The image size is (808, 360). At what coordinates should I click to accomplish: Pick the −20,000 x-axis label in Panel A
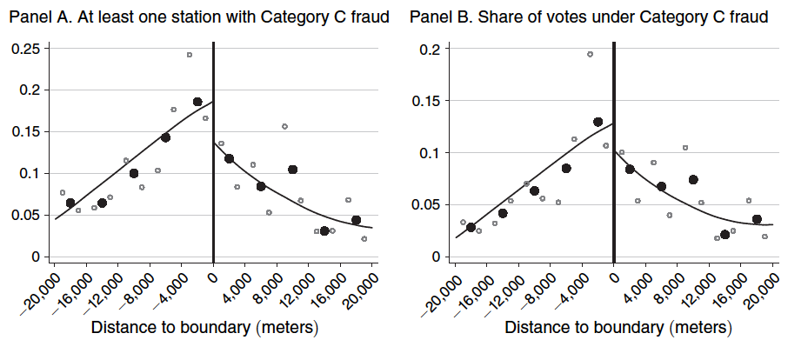point(39,290)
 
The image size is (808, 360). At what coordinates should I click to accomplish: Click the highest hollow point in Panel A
point(189,55)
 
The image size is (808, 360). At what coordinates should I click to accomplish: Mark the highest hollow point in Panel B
point(590,54)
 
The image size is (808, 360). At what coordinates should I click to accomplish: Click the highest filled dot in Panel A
point(197,102)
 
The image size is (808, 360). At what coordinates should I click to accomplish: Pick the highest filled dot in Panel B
point(598,122)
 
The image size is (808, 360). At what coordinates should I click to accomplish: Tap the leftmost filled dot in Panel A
point(70,203)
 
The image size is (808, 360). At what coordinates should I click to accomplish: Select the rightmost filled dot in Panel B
point(757,219)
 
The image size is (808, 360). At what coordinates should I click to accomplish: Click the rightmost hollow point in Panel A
point(364,238)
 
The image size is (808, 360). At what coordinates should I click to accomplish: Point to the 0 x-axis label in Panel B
point(613,278)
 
